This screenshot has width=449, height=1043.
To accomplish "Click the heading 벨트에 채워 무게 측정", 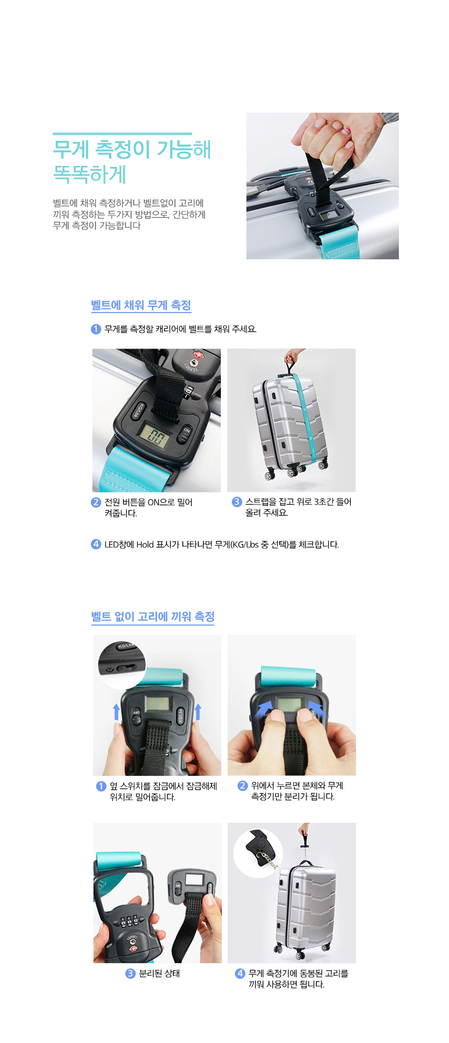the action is pyautogui.click(x=141, y=305).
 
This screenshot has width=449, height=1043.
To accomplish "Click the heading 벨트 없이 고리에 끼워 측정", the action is pyautogui.click(x=153, y=617).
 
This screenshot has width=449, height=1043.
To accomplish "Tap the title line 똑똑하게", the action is pyautogui.click(x=90, y=174).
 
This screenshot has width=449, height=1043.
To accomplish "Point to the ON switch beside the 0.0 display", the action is pyautogui.click(x=185, y=434).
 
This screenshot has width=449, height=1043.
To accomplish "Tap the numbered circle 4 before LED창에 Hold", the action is pyautogui.click(x=96, y=544).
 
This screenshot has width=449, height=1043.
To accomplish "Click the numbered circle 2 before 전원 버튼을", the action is pyautogui.click(x=96, y=502).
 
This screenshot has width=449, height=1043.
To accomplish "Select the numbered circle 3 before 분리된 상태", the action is pyautogui.click(x=131, y=974).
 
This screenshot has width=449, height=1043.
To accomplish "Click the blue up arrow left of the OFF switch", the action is pyautogui.click(x=116, y=712).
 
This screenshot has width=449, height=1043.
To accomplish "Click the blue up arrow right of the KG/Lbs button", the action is pyautogui.click(x=198, y=712).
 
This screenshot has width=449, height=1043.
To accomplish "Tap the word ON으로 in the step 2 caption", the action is pyautogui.click(x=161, y=502).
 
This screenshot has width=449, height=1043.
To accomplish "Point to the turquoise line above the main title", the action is pyautogui.click(x=122, y=134).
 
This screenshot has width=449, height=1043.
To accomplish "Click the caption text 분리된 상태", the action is pyautogui.click(x=159, y=974).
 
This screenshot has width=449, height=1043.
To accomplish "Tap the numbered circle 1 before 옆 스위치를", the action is pyautogui.click(x=101, y=786).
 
